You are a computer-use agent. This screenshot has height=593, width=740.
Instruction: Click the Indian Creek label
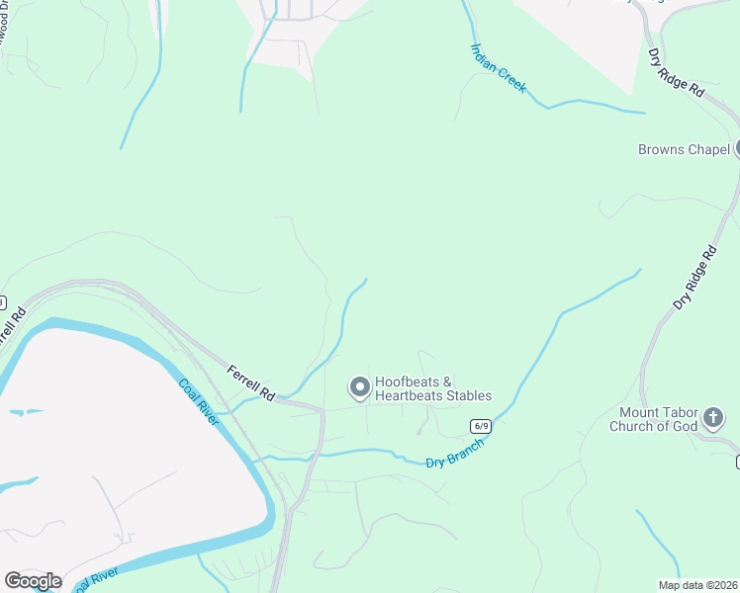tap(499, 68)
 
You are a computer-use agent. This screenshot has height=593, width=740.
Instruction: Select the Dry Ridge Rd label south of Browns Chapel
tap(694, 280)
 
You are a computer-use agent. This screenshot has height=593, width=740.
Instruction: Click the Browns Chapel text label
tap(684, 150)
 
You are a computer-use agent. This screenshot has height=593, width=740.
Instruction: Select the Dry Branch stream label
tap(455, 455)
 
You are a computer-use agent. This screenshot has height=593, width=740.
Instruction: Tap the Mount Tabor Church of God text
tap(657, 419)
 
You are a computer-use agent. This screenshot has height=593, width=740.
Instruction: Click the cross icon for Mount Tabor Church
tap(712, 420)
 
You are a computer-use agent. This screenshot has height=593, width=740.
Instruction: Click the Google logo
tap(32, 581)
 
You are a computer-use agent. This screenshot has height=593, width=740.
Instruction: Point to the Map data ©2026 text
tap(696, 585)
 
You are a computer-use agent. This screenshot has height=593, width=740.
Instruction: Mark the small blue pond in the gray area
tap(26, 411)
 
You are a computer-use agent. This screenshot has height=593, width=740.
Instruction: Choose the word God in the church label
tap(685, 426)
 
